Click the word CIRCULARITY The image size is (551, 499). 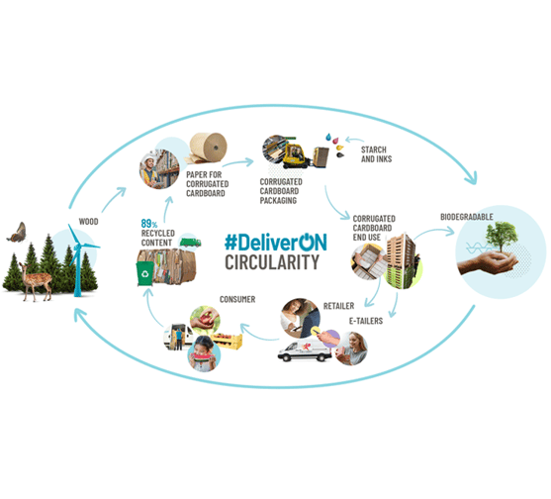tap(271, 263)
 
